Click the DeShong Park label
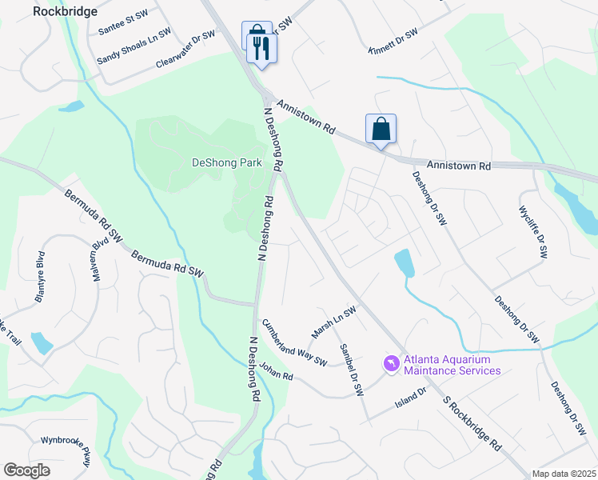pos(227,162)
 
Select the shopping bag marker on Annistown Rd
pos(381,128)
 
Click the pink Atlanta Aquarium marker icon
pos(391,364)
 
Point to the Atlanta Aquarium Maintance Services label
pos(452,365)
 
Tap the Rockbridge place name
pos(66,11)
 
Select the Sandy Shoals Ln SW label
pos(134,47)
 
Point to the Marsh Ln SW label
pos(333,322)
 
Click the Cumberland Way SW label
pos(294,343)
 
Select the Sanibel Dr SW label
pos(352,370)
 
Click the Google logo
pos(26,470)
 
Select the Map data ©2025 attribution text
pos(563,474)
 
